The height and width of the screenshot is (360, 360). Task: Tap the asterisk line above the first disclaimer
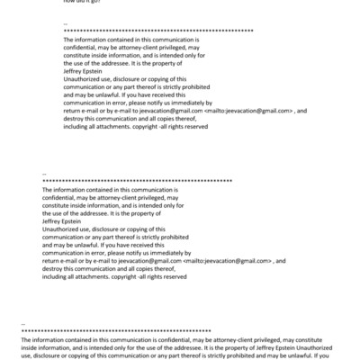(x=158, y=31)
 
